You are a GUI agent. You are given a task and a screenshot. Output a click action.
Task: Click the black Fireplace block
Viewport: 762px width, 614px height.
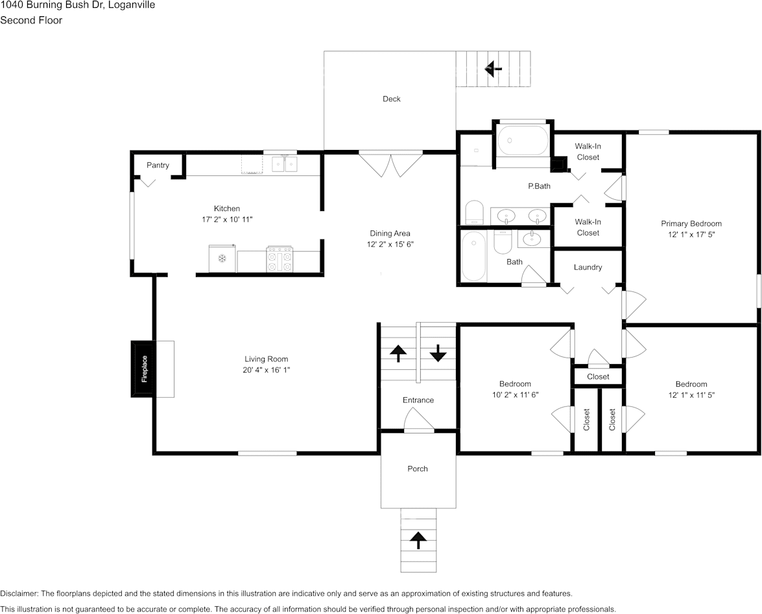(x=143, y=369)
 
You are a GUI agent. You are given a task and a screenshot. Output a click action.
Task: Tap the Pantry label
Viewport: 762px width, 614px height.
(x=158, y=166)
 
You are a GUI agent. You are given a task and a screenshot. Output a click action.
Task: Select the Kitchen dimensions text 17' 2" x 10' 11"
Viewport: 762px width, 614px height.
(x=227, y=219)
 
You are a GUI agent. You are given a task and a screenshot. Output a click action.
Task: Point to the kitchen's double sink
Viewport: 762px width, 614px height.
(x=284, y=164)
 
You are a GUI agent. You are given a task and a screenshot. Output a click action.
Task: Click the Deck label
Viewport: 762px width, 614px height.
(x=392, y=99)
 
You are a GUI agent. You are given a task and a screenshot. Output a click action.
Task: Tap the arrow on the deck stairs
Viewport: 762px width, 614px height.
(x=494, y=69)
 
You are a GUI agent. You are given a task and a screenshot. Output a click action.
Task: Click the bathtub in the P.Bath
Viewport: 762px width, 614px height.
(x=523, y=141)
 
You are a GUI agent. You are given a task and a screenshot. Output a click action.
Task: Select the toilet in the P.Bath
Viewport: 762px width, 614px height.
(x=475, y=213)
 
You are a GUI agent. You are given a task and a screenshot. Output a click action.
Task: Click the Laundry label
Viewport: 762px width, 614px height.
(x=588, y=267)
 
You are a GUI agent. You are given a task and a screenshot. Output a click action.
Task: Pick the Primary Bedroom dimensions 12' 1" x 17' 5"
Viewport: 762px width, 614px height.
(x=691, y=234)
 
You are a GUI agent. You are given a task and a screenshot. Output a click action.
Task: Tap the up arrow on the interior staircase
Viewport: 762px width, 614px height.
(x=398, y=353)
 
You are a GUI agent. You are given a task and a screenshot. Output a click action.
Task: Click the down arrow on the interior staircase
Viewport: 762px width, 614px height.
(x=438, y=353)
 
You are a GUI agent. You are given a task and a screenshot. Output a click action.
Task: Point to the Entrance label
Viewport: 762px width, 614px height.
(x=418, y=400)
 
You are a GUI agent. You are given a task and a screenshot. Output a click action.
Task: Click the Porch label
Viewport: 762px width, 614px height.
(x=418, y=469)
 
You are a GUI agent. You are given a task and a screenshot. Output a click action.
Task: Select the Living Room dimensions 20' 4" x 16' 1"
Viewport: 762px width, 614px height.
(x=267, y=370)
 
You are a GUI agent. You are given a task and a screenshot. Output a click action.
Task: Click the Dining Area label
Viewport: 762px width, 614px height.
(x=390, y=234)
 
